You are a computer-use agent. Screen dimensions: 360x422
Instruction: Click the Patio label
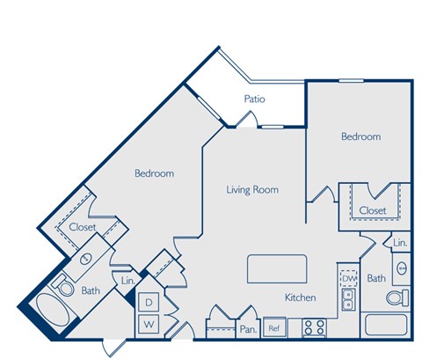coord(254,99)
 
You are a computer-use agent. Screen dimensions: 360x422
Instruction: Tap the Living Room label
coord(252,189)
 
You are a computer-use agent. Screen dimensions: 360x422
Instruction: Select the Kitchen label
coord(300,298)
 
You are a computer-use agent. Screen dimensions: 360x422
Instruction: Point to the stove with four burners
coord(314,327)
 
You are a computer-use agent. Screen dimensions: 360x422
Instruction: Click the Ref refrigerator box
coord(273,328)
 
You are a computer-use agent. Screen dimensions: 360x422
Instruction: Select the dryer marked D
coord(149,303)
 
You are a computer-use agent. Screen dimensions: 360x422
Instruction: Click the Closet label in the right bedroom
coord(373,210)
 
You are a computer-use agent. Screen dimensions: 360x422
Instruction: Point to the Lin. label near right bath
coord(399,243)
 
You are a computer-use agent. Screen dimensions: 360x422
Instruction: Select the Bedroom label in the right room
coord(360,136)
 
